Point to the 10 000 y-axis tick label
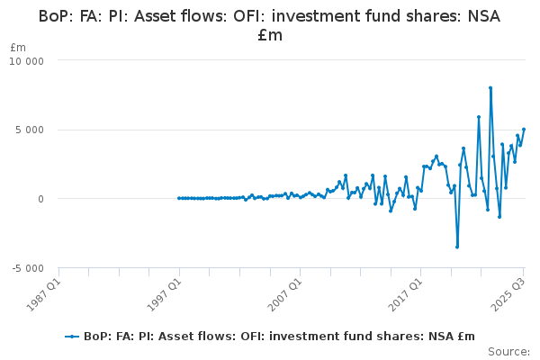coord(33,60)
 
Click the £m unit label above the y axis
coord(18,47)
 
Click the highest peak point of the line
coord(490,88)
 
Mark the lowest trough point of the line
coord(457,247)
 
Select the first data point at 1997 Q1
coord(179,198)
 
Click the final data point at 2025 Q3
coord(524,129)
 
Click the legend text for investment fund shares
coord(279,337)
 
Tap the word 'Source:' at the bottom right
coord(509,351)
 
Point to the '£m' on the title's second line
coord(269,35)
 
